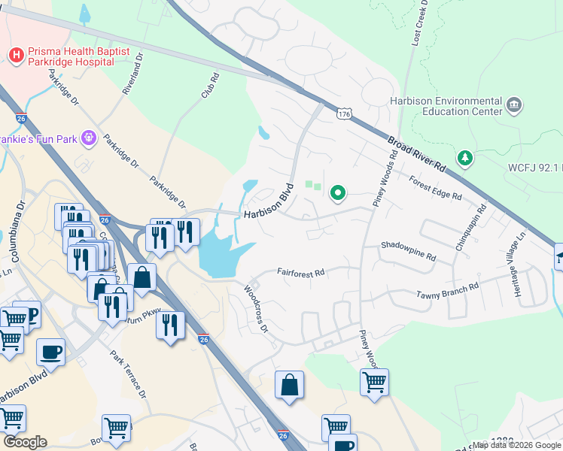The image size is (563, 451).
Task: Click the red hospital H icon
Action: [x=14, y=55]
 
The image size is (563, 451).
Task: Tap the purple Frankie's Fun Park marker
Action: [x=89, y=138]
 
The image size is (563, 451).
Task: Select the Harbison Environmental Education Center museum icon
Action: [x=515, y=104]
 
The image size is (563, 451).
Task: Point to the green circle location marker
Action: [x=338, y=194]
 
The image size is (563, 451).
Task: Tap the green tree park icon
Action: [x=466, y=157]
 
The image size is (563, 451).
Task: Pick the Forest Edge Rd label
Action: [x=435, y=188]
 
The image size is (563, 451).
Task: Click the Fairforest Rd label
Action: [x=300, y=272]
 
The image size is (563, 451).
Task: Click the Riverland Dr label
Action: [x=132, y=78]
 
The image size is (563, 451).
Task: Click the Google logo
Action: [x=25, y=442]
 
